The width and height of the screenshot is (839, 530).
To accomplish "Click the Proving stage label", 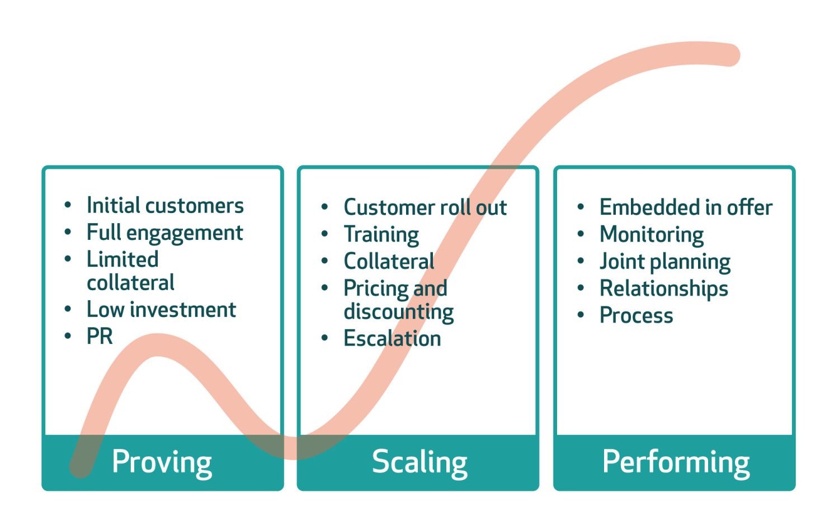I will coord(162,462).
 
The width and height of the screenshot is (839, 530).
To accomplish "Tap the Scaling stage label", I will coord(419,462).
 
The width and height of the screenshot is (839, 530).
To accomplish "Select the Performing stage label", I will coord(676,462).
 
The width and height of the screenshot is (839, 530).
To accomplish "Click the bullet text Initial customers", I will coord(165,206).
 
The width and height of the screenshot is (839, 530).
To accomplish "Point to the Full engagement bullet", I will coord(164,233).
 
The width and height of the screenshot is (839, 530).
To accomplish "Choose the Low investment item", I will coord(161,309).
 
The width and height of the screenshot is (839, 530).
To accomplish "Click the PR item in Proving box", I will coord(100,337).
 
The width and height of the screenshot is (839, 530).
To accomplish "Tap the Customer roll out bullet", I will coord(425,207).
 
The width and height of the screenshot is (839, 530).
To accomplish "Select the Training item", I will coord(381,235).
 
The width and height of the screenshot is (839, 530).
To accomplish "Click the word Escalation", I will coord(392,339).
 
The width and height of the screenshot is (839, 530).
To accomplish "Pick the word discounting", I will coord(398,312).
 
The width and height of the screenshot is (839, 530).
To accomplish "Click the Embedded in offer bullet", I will coord(686,207).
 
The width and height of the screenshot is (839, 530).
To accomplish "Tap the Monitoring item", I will coord(652,235).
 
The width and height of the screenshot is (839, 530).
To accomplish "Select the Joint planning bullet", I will coord(665,262).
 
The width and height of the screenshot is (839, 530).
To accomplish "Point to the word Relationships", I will coord(664,288).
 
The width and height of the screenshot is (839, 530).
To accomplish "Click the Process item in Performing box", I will coord(636,315).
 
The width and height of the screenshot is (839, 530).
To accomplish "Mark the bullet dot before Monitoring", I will coord(581,234).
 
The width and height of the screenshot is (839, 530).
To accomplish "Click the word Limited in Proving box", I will coord(122,259).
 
